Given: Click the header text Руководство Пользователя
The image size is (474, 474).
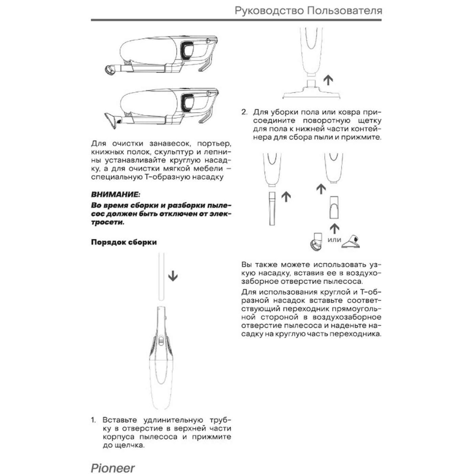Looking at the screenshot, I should [x=308, y=11].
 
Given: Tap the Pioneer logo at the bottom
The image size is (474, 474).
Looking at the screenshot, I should [x=113, y=468].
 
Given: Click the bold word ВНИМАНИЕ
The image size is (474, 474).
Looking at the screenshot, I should [x=115, y=195].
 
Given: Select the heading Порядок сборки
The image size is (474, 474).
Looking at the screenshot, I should [x=124, y=242].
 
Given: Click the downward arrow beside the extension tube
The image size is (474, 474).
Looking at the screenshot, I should [x=173, y=276].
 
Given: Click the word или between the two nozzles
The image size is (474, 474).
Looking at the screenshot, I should [x=334, y=240].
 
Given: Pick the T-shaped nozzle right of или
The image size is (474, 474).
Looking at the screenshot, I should [x=352, y=242].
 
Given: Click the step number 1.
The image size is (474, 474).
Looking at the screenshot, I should [x=93, y=420].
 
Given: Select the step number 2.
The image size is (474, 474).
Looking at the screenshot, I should [x=244, y=112].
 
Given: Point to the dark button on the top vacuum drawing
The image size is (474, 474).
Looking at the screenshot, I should [x=187, y=49].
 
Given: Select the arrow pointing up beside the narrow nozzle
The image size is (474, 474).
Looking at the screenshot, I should [x=286, y=196].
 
